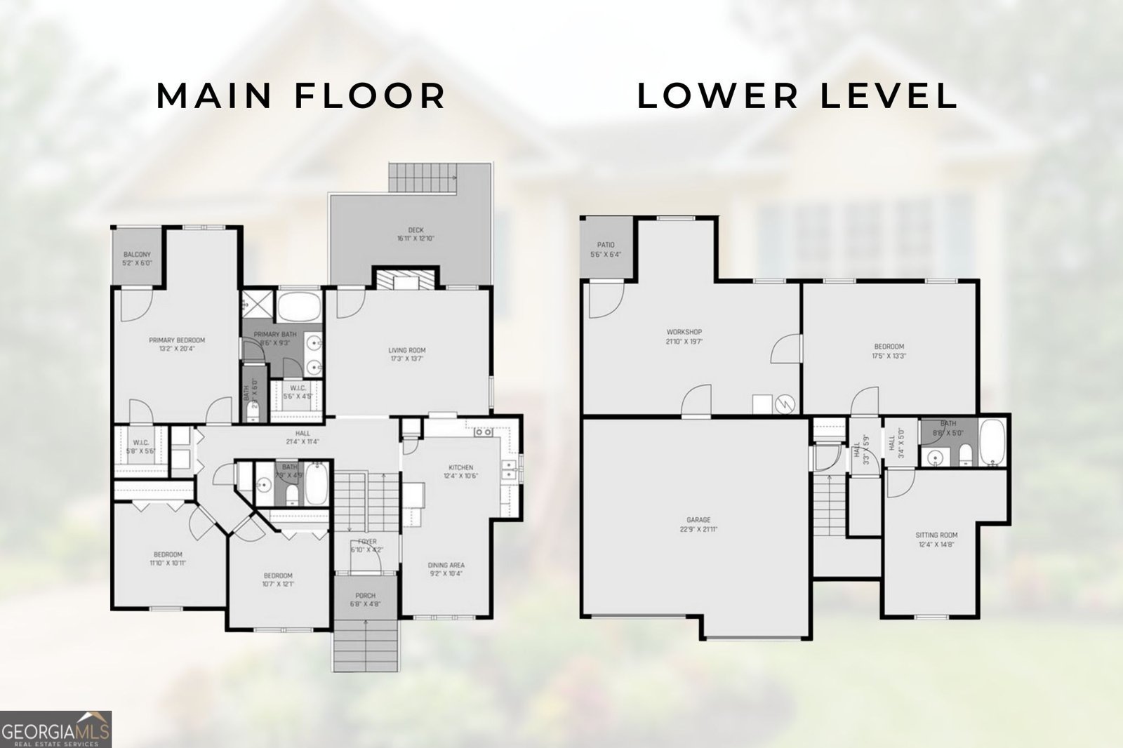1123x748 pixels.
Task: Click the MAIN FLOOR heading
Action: (301, 96)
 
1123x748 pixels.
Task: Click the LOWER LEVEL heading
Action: (797, 96)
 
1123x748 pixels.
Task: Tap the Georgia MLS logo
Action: (55, 728)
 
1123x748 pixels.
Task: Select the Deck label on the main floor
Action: (416, 230)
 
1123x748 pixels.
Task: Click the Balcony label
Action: (137, 255)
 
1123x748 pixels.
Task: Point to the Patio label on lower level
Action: (606, 245)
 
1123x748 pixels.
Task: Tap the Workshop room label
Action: (684, 332)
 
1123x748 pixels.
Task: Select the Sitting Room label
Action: (936, 535)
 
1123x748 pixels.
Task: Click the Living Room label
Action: (407, 350)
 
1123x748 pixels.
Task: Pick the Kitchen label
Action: (461, 467)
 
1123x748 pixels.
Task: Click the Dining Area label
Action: (446, 565)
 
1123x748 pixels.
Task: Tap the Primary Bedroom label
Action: (177, 340)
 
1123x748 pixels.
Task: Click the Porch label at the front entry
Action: (365, 596)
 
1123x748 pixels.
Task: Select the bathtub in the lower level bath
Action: (992, 443)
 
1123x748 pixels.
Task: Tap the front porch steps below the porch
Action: (365, 646)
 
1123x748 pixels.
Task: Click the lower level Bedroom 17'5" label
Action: (889, 347)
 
